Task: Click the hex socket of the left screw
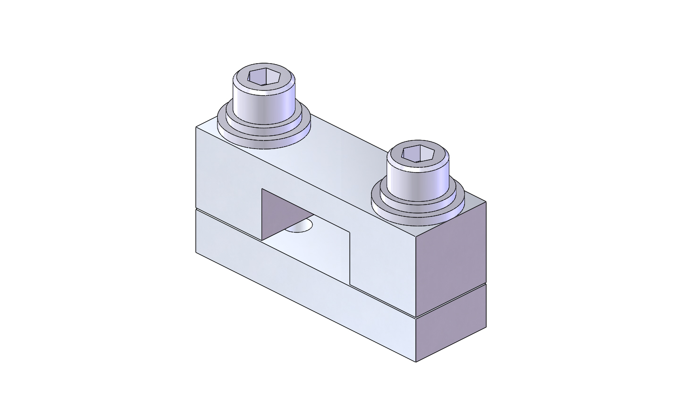265,76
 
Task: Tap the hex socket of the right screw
418,153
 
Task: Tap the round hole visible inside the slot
300,226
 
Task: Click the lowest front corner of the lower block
416,362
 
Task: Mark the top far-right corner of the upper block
486,202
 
